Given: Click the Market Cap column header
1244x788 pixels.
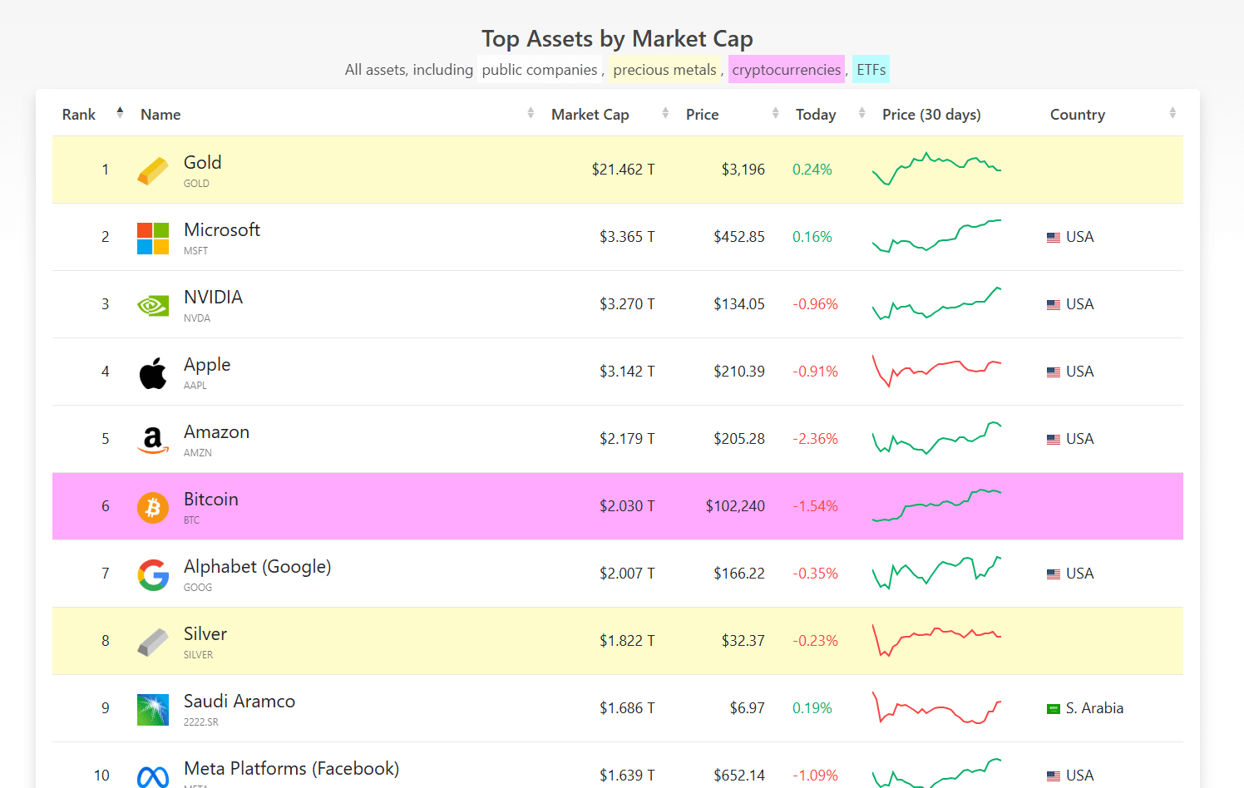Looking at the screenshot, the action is click(590, 115).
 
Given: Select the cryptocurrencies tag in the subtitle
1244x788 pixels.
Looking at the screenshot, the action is click(786, 70).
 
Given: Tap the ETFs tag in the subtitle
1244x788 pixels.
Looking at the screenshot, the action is click(871, 70).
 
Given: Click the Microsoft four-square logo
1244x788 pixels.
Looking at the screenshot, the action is click(153, 239).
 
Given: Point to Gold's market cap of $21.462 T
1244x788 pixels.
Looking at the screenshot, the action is click(623, 170).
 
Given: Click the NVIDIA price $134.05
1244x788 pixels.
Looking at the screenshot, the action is click(738, 304).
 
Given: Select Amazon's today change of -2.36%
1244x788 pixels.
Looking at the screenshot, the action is click(815, 439).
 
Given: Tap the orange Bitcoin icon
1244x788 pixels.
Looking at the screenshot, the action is click(153, 508).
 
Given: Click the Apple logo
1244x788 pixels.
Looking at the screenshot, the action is click(153, 372).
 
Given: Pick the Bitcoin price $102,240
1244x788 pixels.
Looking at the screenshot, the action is click(735, 506).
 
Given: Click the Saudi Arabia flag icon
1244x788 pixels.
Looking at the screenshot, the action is click(1053, 708).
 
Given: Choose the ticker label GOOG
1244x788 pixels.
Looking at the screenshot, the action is click(198, 587).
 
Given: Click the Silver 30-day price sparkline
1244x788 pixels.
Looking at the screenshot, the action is click(936, 640).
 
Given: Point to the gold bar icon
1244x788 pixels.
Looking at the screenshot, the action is click(153, 170).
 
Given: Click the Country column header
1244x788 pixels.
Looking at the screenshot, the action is click(1078, 115).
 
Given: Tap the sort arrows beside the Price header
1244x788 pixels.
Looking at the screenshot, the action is click(775, 113).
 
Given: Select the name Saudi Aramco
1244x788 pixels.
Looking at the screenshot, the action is click(239, 701).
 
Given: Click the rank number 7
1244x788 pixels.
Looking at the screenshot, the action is click(105, 573).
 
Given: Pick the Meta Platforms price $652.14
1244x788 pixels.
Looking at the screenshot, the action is click(738, 776).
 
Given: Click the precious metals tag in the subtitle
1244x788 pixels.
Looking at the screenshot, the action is click(664, 70).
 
